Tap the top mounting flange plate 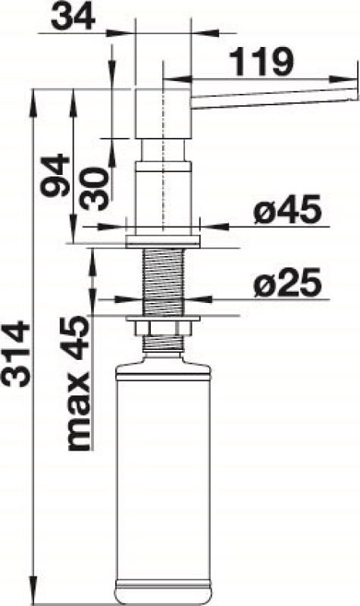tap(162, 240)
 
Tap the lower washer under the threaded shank tap(162, 316)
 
